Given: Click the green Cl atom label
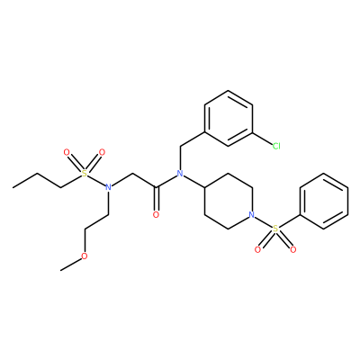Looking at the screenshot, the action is pos(276,146).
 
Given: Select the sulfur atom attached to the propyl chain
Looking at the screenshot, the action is pos(85,174).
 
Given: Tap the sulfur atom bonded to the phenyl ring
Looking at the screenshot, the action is pos(275,229).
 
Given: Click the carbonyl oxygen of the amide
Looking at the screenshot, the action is pos(156,215).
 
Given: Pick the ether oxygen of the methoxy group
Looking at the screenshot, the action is pos(85,256).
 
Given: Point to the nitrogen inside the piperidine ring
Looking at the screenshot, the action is pos(252,215).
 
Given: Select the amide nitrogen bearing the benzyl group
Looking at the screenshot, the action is pos(180,174).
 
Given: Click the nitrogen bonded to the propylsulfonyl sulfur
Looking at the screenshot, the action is pos(109,187).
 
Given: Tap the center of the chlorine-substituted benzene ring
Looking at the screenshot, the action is pos(229,119).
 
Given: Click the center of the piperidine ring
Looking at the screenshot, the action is pos(229,202).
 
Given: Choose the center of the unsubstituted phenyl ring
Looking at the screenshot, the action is pos(324,202).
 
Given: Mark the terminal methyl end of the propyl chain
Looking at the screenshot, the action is pos(13,187).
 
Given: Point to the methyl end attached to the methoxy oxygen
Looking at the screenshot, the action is pos(60,271).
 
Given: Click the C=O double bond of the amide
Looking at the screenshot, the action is pos(156,199).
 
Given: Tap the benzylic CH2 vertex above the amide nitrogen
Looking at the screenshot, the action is pos(180,146).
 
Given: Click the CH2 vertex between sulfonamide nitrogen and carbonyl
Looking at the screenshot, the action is pos(132,174).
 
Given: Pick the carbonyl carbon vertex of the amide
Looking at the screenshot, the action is pos(156,187).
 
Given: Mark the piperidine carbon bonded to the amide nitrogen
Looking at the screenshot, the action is pos(204,187).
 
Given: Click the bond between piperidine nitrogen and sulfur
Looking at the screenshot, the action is pos(264,222).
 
